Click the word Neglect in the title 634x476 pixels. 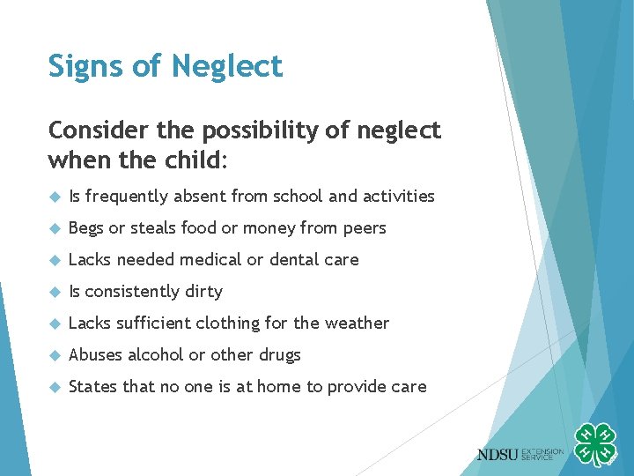coord(228,66)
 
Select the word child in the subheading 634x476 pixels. coord(194,161)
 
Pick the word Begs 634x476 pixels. coord(85,228)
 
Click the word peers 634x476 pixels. coord(363,227)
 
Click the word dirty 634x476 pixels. coord(203,292)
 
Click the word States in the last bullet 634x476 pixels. coord(92,386)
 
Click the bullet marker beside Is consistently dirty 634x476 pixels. coord(54,292)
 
